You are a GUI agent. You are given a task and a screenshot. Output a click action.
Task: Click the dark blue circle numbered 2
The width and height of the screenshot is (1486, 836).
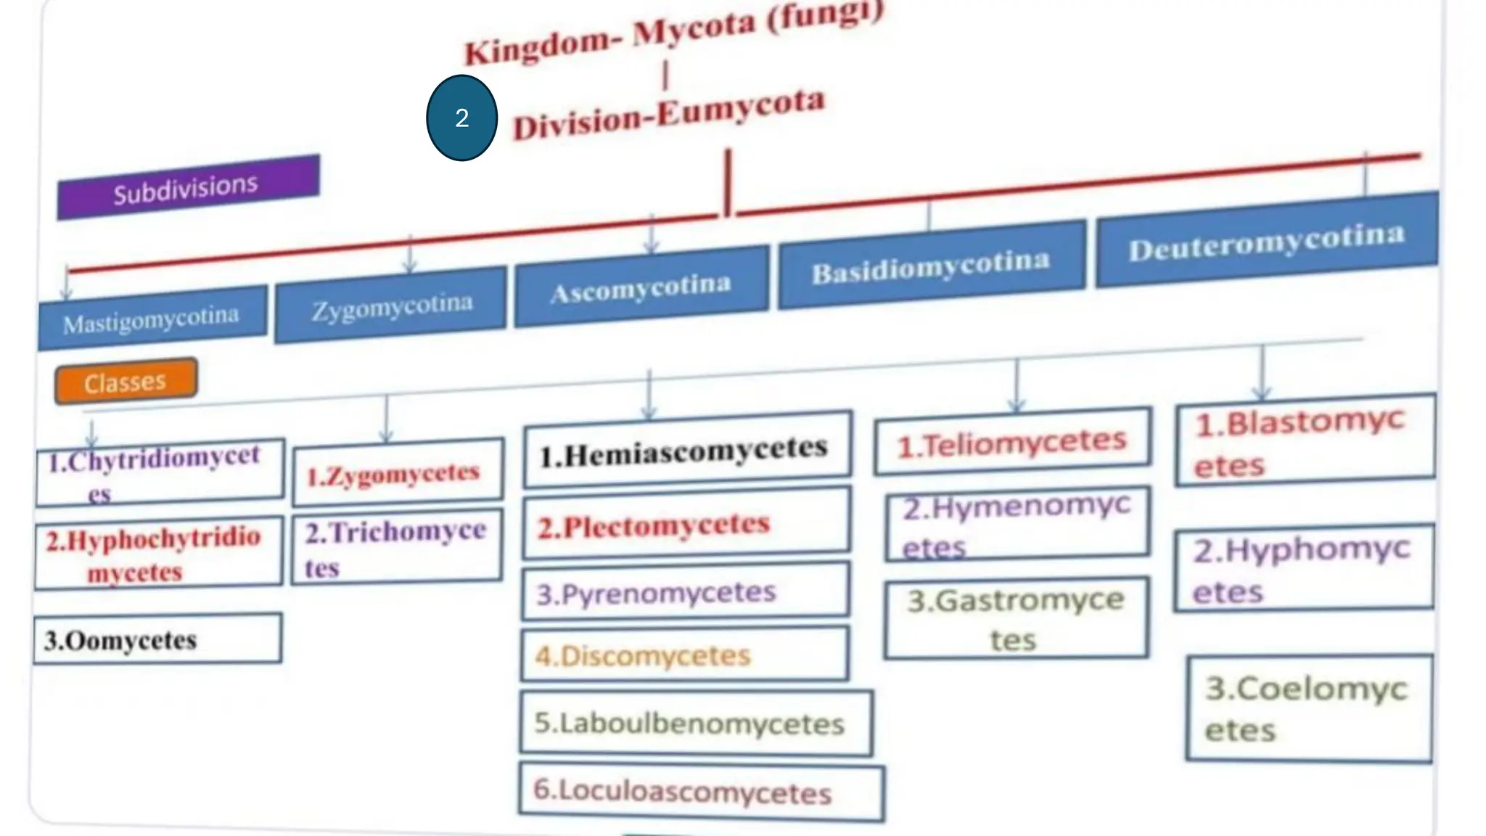[461, 118]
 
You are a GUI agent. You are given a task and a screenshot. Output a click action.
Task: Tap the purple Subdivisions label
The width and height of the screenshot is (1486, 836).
[188, 187]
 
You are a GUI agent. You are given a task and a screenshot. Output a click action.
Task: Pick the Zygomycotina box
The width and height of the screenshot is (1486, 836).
[391, 305]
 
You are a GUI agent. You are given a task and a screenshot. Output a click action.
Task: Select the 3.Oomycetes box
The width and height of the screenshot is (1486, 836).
[157, 639]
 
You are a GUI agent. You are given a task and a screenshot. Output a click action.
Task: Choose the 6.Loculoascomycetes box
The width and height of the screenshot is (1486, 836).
[700, 792]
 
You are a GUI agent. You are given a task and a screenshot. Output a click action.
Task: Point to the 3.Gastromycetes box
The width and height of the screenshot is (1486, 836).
[1016, 618]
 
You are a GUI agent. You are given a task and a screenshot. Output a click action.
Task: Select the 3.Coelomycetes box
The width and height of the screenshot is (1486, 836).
[1309, 709]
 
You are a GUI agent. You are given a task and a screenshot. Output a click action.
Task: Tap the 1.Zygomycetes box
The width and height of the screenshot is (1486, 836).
[398, 473]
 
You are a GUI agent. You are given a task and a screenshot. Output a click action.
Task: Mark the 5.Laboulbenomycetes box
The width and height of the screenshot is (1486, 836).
[695, 724]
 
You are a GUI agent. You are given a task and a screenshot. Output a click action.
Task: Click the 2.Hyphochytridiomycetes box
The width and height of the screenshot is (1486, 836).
[157, 553]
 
